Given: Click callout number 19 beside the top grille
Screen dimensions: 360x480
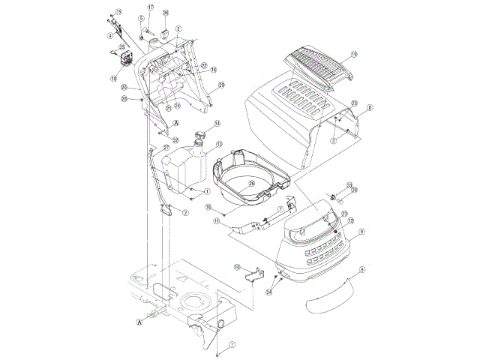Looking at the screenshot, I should (355, 54).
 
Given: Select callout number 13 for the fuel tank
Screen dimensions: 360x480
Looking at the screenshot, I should (219, 144).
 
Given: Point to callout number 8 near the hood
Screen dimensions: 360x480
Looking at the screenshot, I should (368, 108).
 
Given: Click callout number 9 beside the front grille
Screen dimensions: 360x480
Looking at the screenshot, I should (361, 232).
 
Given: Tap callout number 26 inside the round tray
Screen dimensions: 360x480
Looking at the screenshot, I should (252, 182).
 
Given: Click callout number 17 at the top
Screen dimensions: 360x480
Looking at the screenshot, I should (150, 7).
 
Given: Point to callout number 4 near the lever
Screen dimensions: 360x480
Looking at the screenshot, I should (110, 34).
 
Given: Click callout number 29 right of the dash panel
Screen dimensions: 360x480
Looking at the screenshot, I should (221, 86).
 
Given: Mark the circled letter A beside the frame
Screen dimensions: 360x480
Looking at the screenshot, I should (139, 322).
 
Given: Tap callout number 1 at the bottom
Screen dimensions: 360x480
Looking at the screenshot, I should (232, 346).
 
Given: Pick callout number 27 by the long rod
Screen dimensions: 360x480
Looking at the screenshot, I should (166, 147).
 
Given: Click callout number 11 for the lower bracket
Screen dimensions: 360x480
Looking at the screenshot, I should (216, 221).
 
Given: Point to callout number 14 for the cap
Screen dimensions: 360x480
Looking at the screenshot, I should (217, 123).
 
